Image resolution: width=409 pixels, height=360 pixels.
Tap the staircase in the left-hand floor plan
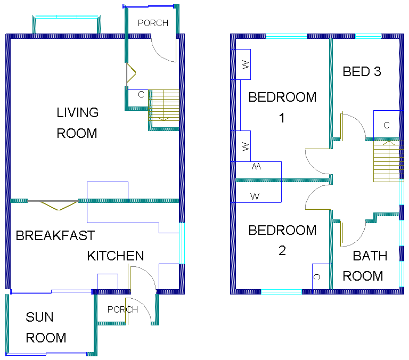(164, 105)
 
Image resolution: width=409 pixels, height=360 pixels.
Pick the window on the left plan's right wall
(182, 243)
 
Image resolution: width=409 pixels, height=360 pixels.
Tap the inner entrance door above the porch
(142, 278)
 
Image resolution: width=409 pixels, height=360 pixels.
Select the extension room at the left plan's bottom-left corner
(51, 323)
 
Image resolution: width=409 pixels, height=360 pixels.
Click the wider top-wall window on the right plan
(287, 36)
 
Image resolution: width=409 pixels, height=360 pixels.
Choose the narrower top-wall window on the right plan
(368, 36)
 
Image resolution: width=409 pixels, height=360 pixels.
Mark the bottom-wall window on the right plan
(281, 291)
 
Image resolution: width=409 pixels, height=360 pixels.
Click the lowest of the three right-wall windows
(402, 274)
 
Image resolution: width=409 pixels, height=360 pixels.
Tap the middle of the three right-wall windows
(402, 233)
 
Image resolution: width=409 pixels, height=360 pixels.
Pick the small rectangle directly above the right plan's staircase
(386, 124)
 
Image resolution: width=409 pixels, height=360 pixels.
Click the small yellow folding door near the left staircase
(131, 73)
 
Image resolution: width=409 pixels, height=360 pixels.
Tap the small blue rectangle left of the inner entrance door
(107, 282)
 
